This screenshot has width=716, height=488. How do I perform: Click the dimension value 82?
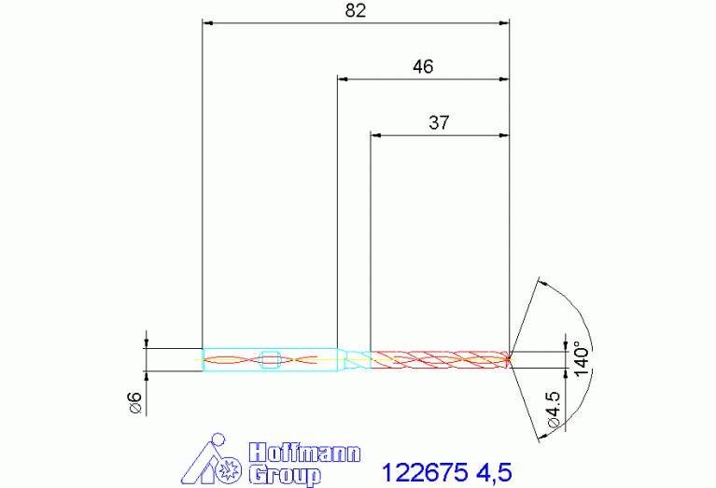356,10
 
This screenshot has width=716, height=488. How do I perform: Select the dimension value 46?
423,67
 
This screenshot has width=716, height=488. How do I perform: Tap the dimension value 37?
439,123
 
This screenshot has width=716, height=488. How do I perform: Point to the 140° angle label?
582,359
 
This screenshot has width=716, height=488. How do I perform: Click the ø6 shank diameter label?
136,402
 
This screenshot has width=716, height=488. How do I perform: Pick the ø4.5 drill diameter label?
553,409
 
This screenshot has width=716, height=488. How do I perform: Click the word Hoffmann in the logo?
304,453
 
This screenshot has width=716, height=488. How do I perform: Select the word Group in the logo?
285,476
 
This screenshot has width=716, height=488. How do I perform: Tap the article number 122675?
425,472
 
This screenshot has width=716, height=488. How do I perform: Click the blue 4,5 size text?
494,472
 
